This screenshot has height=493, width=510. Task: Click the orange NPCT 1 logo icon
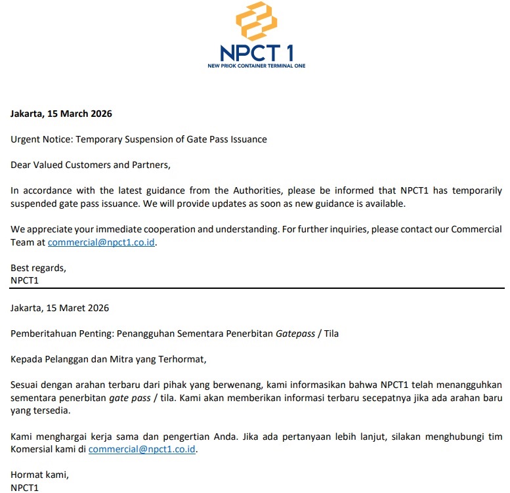(255, 22)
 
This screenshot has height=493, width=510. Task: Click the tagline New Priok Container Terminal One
(255, 66)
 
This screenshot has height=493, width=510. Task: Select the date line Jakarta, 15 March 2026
(61, 114)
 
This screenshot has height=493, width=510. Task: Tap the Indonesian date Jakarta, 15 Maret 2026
(60, 308)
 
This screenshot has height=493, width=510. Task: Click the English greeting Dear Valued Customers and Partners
(91, 165)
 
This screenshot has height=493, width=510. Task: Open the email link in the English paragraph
(102, 242)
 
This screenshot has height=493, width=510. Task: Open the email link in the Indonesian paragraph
(142, 450)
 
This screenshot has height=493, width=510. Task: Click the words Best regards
(38, 268)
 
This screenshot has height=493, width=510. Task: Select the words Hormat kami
(39, 475)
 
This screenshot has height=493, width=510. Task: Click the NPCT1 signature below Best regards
(26, 280)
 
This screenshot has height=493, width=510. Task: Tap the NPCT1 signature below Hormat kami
(26, 488)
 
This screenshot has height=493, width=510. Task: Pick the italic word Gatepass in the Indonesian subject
(295, 333)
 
